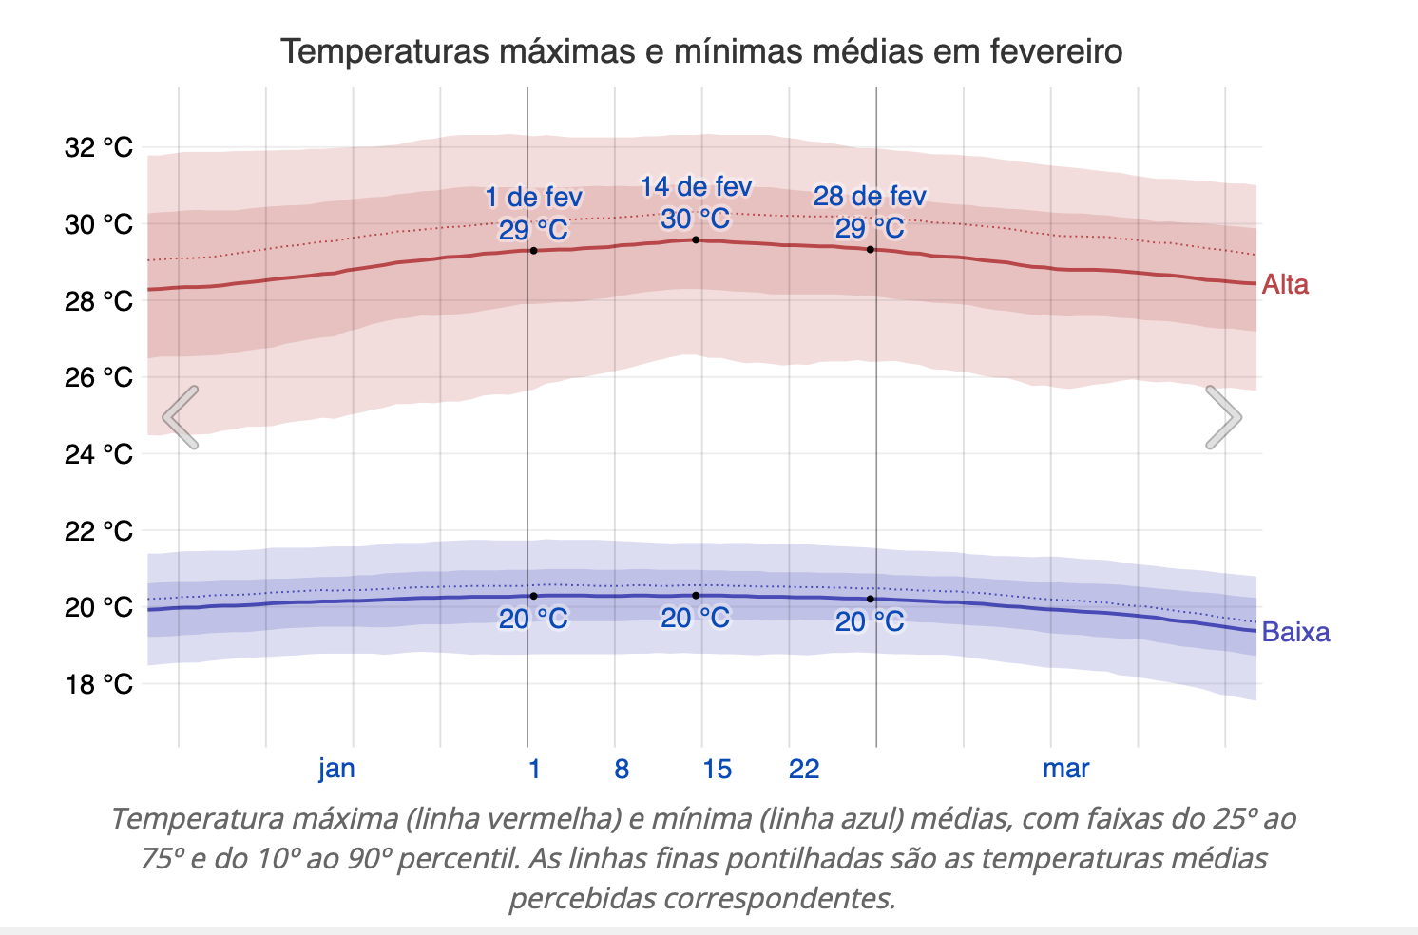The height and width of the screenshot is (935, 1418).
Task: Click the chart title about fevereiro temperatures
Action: click(701, 50)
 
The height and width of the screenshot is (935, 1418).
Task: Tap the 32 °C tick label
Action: click(99, 147)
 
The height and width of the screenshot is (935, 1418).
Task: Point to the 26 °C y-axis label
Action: click(99, 377)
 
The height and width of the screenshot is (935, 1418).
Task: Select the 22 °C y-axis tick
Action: click(99, 530)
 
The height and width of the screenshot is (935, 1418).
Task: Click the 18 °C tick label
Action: click(99, 684)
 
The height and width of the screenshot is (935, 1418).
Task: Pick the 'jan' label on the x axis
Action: click(336, 768)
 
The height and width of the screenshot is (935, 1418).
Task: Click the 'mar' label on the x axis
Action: click(1065, 768)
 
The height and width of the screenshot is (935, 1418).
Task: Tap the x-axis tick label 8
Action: click(622, 768)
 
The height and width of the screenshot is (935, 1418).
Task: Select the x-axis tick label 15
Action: click(717, 768)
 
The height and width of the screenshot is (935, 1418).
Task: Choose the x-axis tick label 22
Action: click(804, 768)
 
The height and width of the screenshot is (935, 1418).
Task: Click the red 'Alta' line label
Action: click(1285, 284)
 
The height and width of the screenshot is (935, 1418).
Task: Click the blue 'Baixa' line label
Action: click(1295, 632)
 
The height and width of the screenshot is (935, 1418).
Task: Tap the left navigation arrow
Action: click(181, 417)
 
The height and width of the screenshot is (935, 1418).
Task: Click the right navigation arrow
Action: click(1222, 417)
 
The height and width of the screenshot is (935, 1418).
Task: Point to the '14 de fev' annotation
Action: click(696, 187)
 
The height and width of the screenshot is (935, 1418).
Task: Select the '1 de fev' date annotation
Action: click(533, 198)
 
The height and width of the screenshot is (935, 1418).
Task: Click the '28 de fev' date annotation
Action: click(870, 197)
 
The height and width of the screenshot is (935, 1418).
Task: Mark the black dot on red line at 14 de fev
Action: click(696, 239)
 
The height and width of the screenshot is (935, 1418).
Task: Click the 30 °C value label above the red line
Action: click(696, 219)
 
